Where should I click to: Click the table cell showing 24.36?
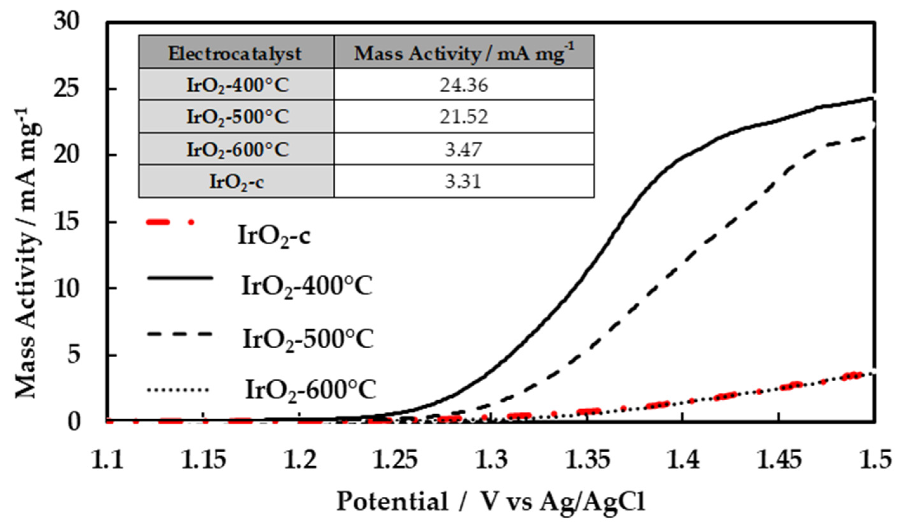pyautogui.click(x=463, y=85)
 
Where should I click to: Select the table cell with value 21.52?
pyautogui.click(x=463, y=117)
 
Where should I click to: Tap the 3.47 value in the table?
pyautogui.click(x=463, y=149)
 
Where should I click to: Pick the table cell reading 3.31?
pyautogui.click(x=463, y=181)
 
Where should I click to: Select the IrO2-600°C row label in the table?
pyautogui.click(x=238, y=149)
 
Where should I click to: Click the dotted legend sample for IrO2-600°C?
pyautogui.click(x=177, y=390)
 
